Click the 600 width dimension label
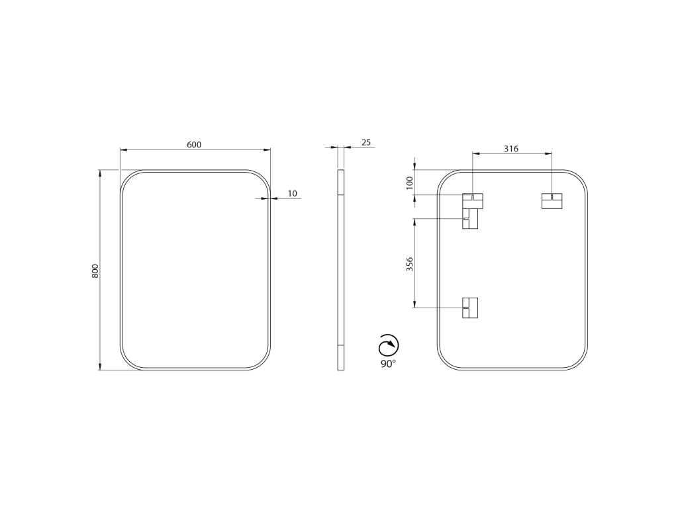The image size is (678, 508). click(x=194, y=145)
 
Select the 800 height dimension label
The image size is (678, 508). click(x=95, y=271)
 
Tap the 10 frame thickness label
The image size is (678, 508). click(x=293, y=194)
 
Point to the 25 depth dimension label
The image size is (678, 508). click(x=366, y=142)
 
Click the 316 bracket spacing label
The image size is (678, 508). click(x=511, y=149)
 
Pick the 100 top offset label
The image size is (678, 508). click(x=410, y=183)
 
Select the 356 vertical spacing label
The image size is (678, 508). click(x=410, y=264)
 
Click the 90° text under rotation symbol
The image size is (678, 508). click(x=388, y=364)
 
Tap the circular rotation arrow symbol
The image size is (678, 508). click(x=388, y=345)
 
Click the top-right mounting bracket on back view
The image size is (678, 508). click(x=552, y=201)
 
